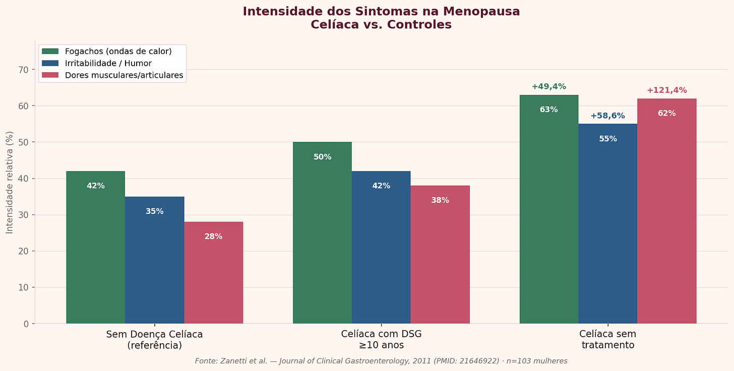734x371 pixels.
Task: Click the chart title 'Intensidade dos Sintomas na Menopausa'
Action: click(381, 12)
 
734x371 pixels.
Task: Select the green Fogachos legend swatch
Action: click(50, 51)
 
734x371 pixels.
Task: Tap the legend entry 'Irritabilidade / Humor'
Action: click(108, 64)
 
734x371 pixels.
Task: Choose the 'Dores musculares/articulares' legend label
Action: click(124, 76)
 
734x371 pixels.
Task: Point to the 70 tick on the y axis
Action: click(23, 70)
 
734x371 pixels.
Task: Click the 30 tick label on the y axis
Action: click(23, 215)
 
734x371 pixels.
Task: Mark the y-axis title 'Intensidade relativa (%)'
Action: click(10, 182)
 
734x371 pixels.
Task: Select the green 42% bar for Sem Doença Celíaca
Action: click(95, 247)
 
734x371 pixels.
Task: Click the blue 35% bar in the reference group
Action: click(154, 260)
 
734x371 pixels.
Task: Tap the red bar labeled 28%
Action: click(213, 273)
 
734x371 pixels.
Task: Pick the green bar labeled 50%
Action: click(322, 233)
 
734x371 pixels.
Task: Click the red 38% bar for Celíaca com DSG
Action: click(440, 254)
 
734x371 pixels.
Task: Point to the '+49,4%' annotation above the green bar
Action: click(548, 87)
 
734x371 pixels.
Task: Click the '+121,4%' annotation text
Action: click(666, 90)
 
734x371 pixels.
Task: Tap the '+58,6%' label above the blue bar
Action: click(607, 116)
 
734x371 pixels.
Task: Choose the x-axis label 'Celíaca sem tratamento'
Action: click(607, 340)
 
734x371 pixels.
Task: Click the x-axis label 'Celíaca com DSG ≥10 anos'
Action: click(381, 340)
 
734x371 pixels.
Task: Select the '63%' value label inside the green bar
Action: click(548, 110)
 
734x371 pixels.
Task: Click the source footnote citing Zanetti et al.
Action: click(381, 361)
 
